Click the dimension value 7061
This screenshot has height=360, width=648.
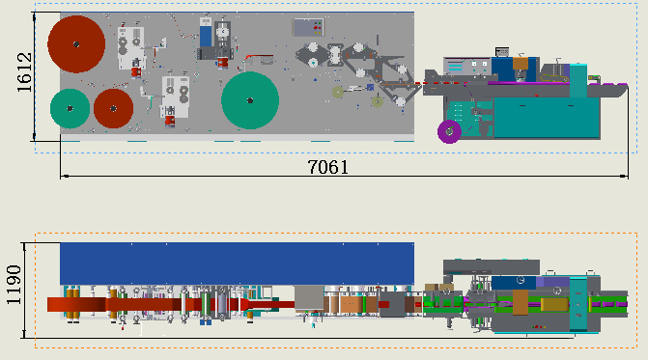pyautogui.click(x=328, y=167)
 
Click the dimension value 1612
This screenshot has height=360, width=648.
pyautogui.click(x=24, y=72)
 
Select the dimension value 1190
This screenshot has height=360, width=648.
pyautogui.click(x=14, y=285)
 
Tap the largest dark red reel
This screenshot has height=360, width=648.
pyautogui.click(x=76, y=44)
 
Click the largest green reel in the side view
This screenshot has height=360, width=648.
pyautogui.click(x=250, y=100)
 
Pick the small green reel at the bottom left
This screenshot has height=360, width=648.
pyautogui.click(x=70, y=108)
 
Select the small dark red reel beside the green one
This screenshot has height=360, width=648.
pyautogui.click(x=113, y=108)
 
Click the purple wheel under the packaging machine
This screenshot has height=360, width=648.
pyautogui.click(x=449, y=131)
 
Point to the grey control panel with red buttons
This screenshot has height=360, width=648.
pyautogui.click(x=308, y=28)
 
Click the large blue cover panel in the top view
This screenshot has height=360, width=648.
pyautogui.click(x=237, y=263)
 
